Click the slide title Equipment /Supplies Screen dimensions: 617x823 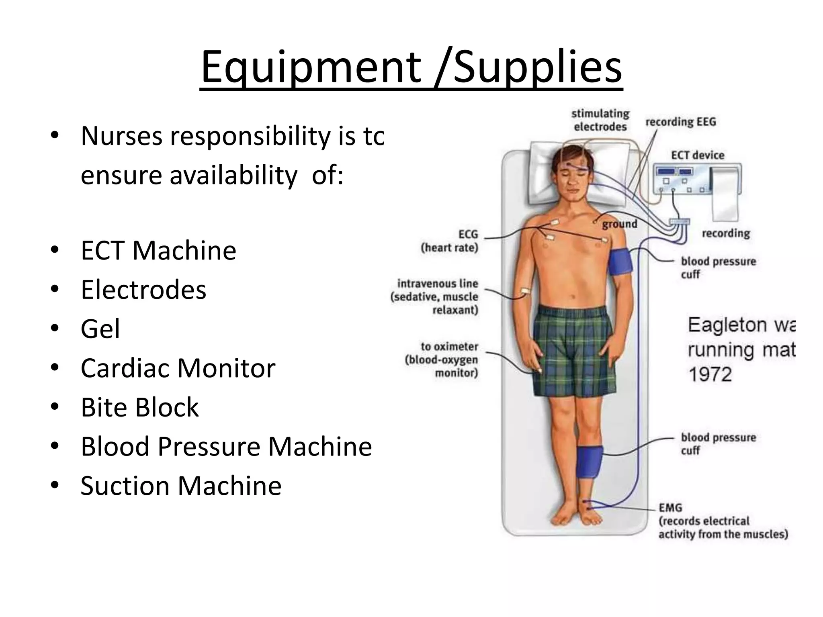(x=411, y=67)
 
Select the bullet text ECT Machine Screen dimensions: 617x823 (x=158, y=250)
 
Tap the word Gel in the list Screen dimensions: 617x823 (x=100, y=329)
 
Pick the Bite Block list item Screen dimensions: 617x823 (x=139, y=407)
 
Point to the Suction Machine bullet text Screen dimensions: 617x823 (x=181, y=486)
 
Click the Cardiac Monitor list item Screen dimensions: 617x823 (x=178, y=368)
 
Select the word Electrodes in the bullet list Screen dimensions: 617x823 (x=143, y=290)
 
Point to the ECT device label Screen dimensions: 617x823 (x=698, y=155)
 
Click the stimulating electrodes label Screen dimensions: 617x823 (x=600, y=120)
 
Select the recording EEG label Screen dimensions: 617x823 (x=681, y=122)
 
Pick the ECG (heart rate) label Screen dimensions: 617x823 (x=450, y=241)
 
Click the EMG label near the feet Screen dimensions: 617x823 (x=670, y=508)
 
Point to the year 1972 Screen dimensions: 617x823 (x=710, y=374)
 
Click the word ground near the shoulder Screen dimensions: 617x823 (x=619, y=224)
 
